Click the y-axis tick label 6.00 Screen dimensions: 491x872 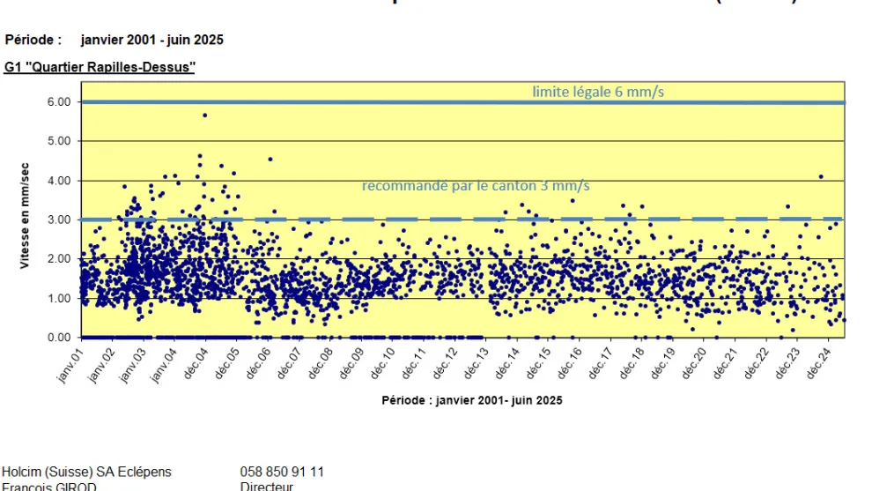[x=58, y=102]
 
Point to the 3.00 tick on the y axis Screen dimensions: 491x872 [x=58, y=219]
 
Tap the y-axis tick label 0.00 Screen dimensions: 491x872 [x=58, y=338]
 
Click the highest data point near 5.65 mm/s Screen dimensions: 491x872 [x=204, y=115]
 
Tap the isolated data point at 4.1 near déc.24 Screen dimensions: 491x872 [x=821, y=176]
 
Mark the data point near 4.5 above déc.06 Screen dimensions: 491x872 [x=270, y=160]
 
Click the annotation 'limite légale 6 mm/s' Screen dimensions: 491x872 [x=598, y=92]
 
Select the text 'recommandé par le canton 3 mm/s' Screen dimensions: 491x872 [x=476, y=186]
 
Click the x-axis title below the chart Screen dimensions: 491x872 [x=472, y=400]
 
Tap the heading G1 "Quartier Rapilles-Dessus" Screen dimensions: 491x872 [x=100, y=67]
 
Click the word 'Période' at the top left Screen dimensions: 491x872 [x=33, y=40]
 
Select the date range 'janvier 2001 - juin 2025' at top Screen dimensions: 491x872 [x=151, y=40]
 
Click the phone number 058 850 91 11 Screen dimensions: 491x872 [x=282, y=472]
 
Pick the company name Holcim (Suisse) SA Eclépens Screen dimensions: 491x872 [x=87, y=472]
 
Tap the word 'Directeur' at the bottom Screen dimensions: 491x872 [x=267, y=486]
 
